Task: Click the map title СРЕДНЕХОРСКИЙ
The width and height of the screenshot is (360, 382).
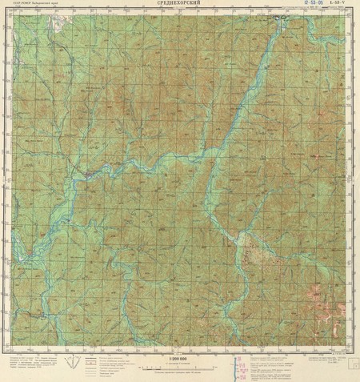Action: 179,5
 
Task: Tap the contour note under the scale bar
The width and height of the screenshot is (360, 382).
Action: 179,373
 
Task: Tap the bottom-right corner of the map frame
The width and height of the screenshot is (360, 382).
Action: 350,350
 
